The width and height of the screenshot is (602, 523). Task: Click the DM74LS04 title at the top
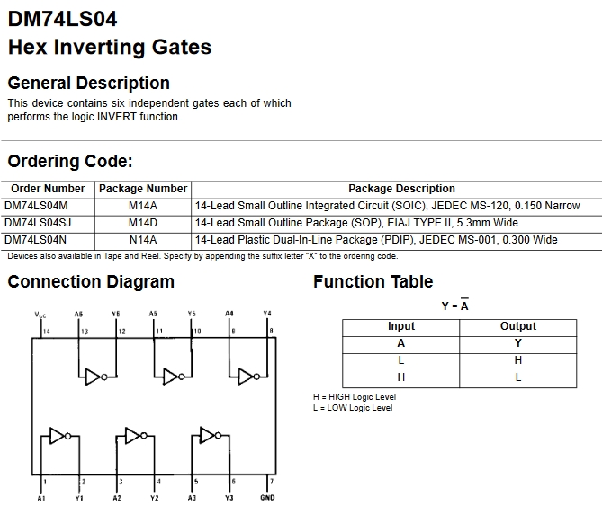[x=62, y=19]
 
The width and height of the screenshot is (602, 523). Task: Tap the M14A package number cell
[x=143, y=206]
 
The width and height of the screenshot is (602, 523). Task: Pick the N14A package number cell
[x=143, y=240]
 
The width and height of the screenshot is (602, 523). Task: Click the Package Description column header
[x=401, y=189]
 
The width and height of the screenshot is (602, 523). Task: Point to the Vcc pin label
[x=40, y=315]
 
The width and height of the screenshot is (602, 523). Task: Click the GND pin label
[x=267, y=498]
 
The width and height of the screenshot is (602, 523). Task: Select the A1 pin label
[x=41, y=498]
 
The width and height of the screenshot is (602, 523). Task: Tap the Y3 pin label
[x=229, y=498]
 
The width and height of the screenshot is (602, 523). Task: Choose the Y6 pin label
[x=116, y=314]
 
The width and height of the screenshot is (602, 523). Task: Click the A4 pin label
[x=229, y=314]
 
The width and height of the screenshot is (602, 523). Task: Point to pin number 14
[x=47, y=332]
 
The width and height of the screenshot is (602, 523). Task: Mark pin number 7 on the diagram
[x=272, y=481]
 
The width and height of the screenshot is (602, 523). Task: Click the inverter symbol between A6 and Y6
[x=96, y=377]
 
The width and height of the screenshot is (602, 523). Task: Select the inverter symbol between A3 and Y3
[x=211, y=435]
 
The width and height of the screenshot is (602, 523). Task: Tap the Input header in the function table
[x=401, y=326]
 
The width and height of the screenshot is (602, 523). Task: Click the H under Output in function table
[x=518, y=360]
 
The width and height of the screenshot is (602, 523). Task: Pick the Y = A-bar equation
[x=455, y=306]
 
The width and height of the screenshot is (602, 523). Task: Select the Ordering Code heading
[x=70, y=161]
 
